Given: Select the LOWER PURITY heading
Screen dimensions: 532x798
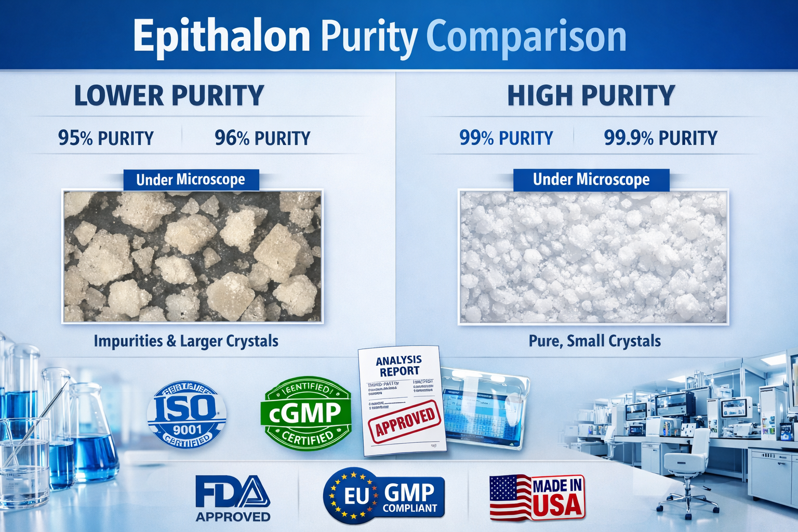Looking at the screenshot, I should click(169, 96).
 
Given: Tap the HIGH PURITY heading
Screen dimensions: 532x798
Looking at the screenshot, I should click(591, 96).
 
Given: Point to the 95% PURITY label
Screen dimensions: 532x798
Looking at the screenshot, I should click(106, 138).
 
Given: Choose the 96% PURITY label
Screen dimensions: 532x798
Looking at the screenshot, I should click(262, 138).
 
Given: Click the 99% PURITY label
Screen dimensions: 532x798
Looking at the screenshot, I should click(506, 138).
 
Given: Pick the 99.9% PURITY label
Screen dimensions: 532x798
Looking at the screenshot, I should click(660, 138).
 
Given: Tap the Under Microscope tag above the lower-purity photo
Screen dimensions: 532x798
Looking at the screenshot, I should click(191, 180).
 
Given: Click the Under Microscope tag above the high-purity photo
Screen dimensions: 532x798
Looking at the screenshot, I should click(591, 180).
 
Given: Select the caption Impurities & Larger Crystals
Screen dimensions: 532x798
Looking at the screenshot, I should click(186, 341).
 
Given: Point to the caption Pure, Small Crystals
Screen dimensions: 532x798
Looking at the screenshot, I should click(595, 341).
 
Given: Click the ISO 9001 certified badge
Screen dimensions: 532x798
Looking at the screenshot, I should click(187, 415).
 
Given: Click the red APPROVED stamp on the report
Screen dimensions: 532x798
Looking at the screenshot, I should click(405, 421).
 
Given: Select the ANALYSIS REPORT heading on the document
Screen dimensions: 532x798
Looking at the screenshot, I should click(398, 366).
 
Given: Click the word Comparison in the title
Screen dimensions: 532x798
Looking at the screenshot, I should click(526, 36).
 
